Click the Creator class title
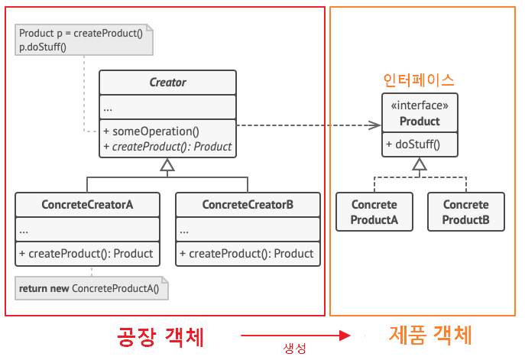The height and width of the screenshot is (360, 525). pos(167,83)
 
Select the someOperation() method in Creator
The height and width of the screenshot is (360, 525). pos(151,131)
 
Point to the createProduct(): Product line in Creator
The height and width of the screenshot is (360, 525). pos(168,146)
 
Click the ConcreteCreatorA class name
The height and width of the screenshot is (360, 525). pos(88,205)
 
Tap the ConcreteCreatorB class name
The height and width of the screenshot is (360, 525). pos(248,205)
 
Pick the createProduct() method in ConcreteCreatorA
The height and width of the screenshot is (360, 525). pos(87,253)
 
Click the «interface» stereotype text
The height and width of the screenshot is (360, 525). pos(420,106)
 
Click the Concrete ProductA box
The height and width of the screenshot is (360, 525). pos(374,212)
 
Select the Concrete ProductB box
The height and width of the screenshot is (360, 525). pos(466,212)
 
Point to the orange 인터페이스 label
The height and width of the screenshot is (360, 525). pos(418,79)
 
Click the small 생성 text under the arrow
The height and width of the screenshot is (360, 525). pos(295,349)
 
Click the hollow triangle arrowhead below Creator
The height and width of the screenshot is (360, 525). pos(167,164)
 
